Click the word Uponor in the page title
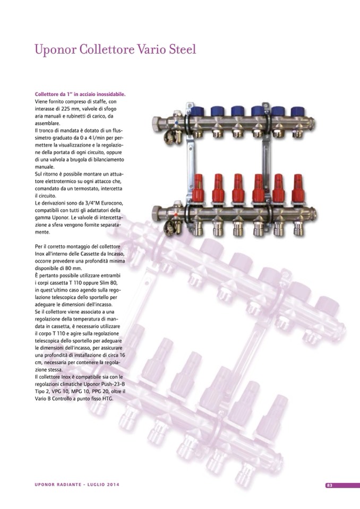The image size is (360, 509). pyautogui.click(x=55, y=50)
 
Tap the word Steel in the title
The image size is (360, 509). pyautogui.click(x=183, y=49)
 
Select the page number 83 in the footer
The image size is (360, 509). pyautogui.click(x=330, y=485)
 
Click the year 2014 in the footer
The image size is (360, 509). pyautogui.click(x=113, y=485)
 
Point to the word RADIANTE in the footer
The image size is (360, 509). pyautogui.click(x=70, y=485)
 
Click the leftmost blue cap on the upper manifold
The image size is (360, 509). pyautogui.click(x=197, y=111)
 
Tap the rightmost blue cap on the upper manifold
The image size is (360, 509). pyautogui.click(x=297, y=111)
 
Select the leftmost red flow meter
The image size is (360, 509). pyautogui.click(x=198, y=188)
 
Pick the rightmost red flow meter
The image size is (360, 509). pyautogui.click(x=298, y=188)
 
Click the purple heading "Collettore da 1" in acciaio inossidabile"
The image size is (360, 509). pyautogui.click(x=80, y=94)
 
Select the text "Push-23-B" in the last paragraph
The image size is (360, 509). pyautogui.click(x=114, y=385)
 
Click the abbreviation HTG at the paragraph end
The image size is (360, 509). pyautogui.click(x=108, y=399)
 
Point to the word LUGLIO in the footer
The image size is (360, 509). pyautogui.click(x=95, y=485)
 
